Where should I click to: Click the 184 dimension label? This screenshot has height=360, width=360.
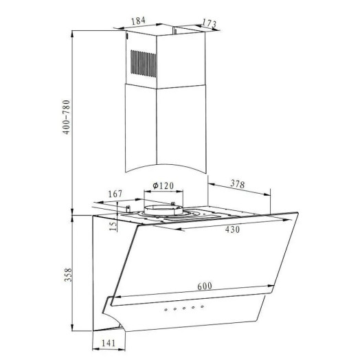click(x=138, y=21)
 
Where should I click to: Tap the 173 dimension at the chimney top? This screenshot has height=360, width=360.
click(x=209, y=23)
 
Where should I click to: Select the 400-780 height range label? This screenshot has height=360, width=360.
click(x=66, y=117)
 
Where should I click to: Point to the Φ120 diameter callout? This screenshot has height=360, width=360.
click(x=164, y=185)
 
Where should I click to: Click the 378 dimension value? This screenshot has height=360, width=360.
click(x=238, y=184)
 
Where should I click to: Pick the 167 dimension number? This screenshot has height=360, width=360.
click(x=115, y=194)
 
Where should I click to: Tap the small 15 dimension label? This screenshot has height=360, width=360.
click(x=113, y=226)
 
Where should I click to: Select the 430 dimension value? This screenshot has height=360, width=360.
click(x=232, y=229)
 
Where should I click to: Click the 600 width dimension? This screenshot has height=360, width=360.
click(x=205, y=286)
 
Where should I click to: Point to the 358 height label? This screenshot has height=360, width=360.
click(x=68, y=275)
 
